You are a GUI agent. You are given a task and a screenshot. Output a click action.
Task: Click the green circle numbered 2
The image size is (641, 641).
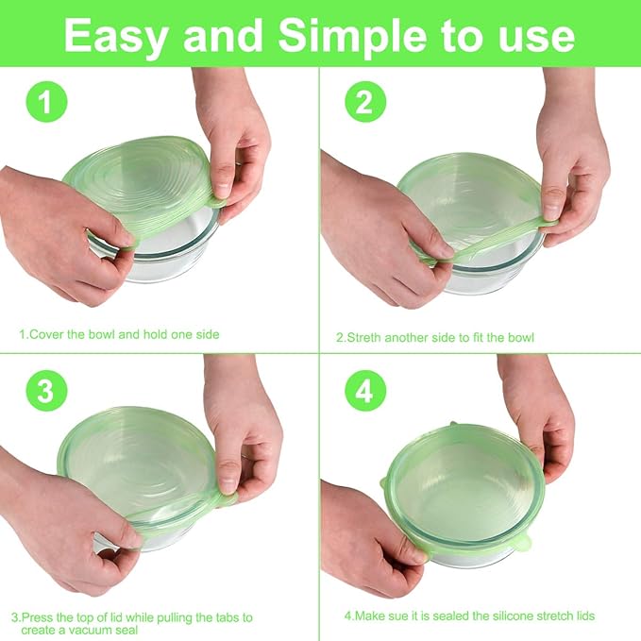coord(364,103)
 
